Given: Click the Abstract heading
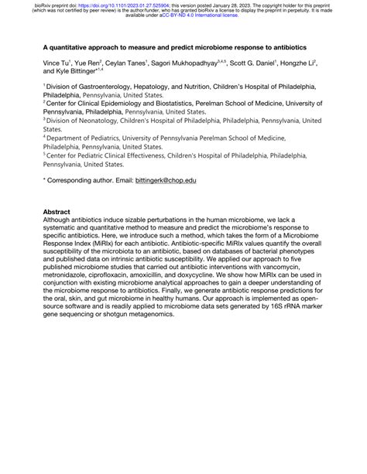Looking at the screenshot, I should pos(57,211).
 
